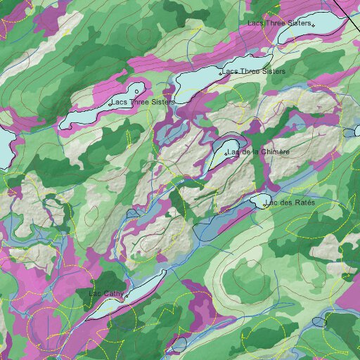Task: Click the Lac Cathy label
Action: (106, 293)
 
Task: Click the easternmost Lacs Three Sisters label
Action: (279, 23)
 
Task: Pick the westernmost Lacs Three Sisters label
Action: (141, 103)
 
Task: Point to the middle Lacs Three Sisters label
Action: (254, 72)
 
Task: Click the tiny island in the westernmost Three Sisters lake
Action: (137, 91)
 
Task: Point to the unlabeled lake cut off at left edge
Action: (4, 148)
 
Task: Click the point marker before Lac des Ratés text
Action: (265, 205)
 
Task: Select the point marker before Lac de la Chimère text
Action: (226, 153)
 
